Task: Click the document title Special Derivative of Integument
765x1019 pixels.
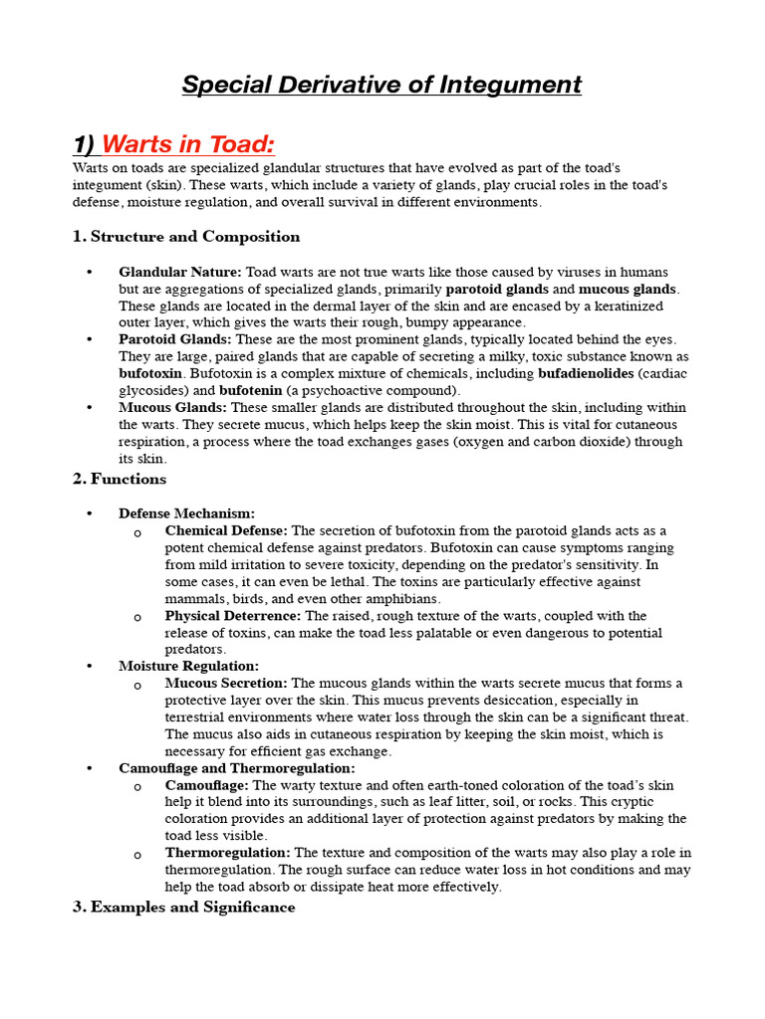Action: [382, 85]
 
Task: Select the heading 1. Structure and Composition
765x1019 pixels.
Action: [186, 237]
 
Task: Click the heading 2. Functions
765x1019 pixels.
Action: [120, 479]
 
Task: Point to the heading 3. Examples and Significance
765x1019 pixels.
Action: [184, 907]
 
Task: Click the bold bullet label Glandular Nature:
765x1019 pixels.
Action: [180, 272]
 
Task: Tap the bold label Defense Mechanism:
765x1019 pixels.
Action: [186, 513]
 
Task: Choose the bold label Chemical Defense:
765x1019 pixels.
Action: [226, 530]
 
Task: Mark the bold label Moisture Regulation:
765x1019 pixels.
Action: [188, 666]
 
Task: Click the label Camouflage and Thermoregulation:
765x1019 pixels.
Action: [236, 768]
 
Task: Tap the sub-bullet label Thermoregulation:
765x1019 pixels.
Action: [228, 853]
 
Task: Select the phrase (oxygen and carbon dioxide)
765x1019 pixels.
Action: [544, 442]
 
